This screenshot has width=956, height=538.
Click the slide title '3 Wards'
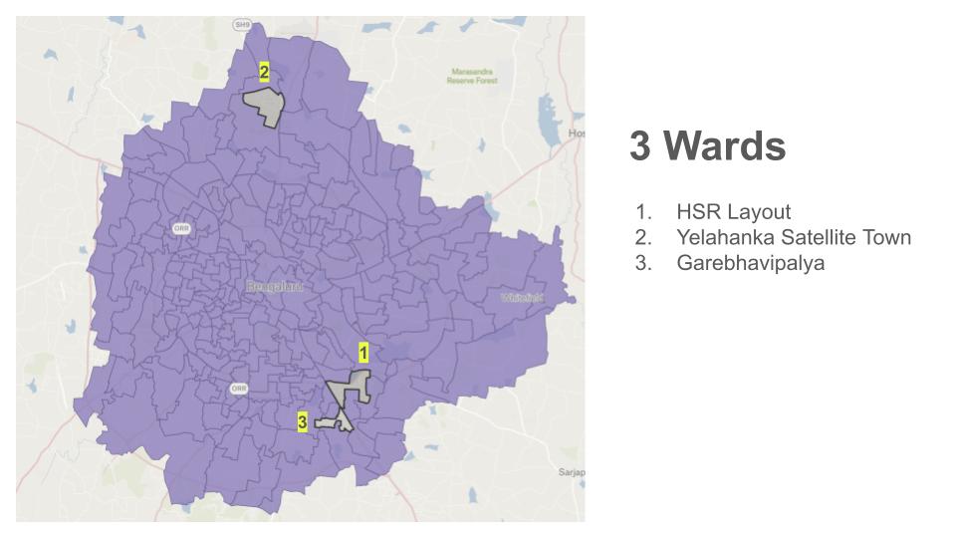click(707, 147)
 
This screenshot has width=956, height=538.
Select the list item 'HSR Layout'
click(733, 212)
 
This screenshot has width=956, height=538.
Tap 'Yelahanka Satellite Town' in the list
click(793, 238)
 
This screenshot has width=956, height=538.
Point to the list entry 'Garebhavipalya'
click(750, 264)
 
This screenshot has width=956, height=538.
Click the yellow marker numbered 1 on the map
click(363, 353)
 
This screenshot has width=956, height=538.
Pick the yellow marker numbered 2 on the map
click(264, 72)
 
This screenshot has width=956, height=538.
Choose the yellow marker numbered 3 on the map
click(302, 422)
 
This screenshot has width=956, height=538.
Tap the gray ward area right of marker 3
click(336, 422)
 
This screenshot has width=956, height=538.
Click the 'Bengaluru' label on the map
click(273, 287)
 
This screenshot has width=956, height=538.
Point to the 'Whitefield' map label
click(522, 298)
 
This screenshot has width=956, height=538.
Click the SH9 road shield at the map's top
click(242, 23)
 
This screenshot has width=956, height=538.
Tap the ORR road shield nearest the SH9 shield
click(181, 228)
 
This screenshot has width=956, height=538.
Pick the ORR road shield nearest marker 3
click(239, 388)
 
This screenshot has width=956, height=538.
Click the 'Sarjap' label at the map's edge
click(571, 471)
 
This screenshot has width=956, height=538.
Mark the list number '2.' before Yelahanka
click(642, 238)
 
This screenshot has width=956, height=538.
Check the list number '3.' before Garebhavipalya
click(642, 264)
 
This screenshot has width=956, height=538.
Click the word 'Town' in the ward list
click(888, 238)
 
